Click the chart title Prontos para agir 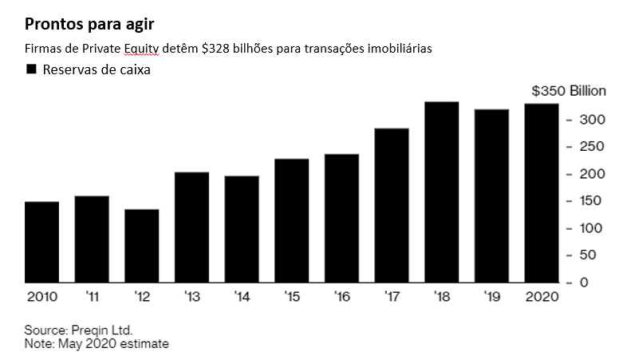point(89,25)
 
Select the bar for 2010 point(41,242)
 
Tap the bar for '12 point(142,246)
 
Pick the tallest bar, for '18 point(442,192)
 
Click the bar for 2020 point(542,193)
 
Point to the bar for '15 point(292,221)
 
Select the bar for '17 point(392,205)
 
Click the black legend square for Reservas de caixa point(31,69)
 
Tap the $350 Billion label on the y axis point(569,91)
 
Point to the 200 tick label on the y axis point(592,174)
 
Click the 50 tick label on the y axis point(588,255)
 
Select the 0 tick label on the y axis point(584,282)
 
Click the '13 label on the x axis point(192,297)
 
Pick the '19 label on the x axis point(492,297)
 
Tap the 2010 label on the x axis point(41,297)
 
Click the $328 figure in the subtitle point(215,49)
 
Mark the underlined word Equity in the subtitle point(142,49)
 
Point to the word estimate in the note point(144,344)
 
